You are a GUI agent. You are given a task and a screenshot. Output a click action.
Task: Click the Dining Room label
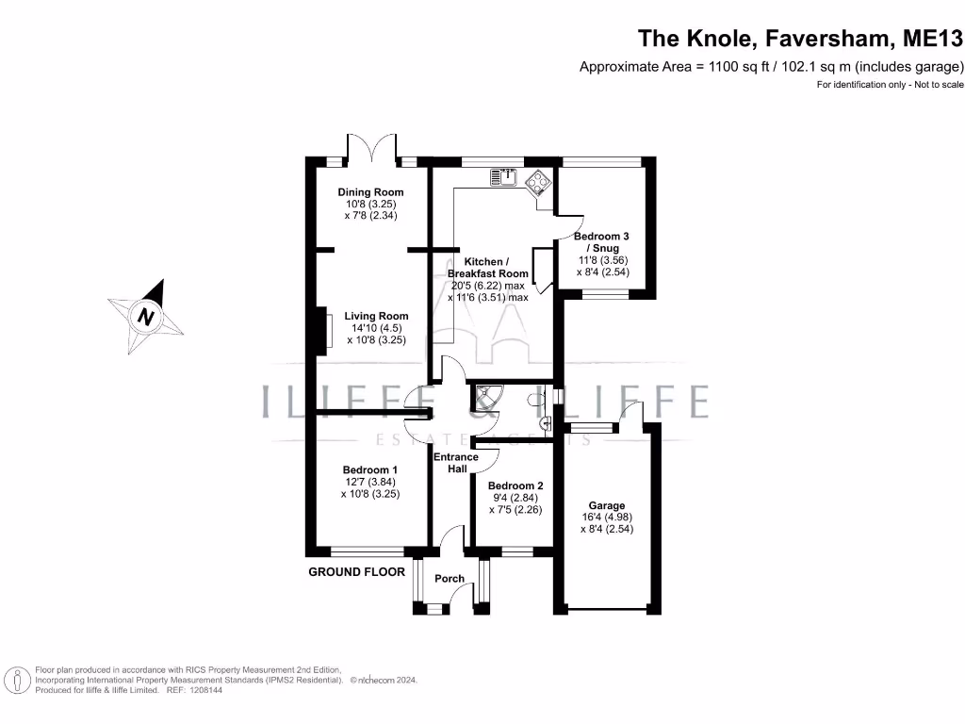coord(370,192)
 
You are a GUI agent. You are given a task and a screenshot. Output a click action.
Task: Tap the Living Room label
coord(376,317)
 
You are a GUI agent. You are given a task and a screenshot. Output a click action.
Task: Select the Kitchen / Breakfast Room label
coord(488,267)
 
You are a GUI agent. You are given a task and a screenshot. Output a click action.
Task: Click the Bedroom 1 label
coord(370,470)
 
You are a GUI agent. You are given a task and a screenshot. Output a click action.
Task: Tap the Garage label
coord(608,506)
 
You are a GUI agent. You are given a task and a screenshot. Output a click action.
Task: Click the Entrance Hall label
coord(455,463)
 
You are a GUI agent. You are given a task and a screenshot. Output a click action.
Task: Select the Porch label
coord(450,579)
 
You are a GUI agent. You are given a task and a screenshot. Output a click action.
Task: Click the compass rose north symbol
coord(146,316)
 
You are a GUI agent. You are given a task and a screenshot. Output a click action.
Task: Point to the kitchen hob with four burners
coord(538,181)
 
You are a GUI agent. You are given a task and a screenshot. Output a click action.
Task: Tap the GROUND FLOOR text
coord(356,572)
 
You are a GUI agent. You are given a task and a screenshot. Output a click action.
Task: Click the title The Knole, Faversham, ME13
coord(801,39)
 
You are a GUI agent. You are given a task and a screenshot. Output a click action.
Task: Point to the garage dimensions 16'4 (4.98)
coord(608,518)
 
